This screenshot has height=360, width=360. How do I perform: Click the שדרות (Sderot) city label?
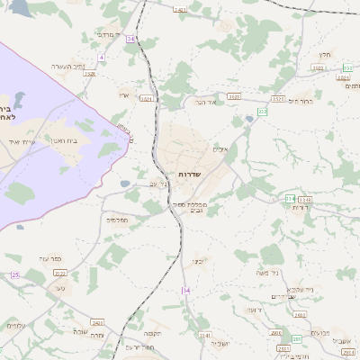tap(188, 174)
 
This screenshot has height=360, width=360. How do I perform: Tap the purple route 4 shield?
tap(102, 57)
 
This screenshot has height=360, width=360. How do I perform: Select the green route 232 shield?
tap(262, 112)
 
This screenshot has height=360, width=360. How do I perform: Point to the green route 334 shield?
tap(290, 198)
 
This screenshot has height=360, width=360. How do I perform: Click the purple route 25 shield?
tap(14, 274)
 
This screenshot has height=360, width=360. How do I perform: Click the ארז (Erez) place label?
tap(124, 94)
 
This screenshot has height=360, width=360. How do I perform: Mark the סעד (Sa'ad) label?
tap(60, 288)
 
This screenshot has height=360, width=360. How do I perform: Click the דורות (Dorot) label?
tap(299, 208)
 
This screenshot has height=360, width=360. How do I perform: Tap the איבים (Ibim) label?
tap(222, 148)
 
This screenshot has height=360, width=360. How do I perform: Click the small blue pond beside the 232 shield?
tap(249, 119)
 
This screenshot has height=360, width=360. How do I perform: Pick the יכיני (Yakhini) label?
tap(199, 262)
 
